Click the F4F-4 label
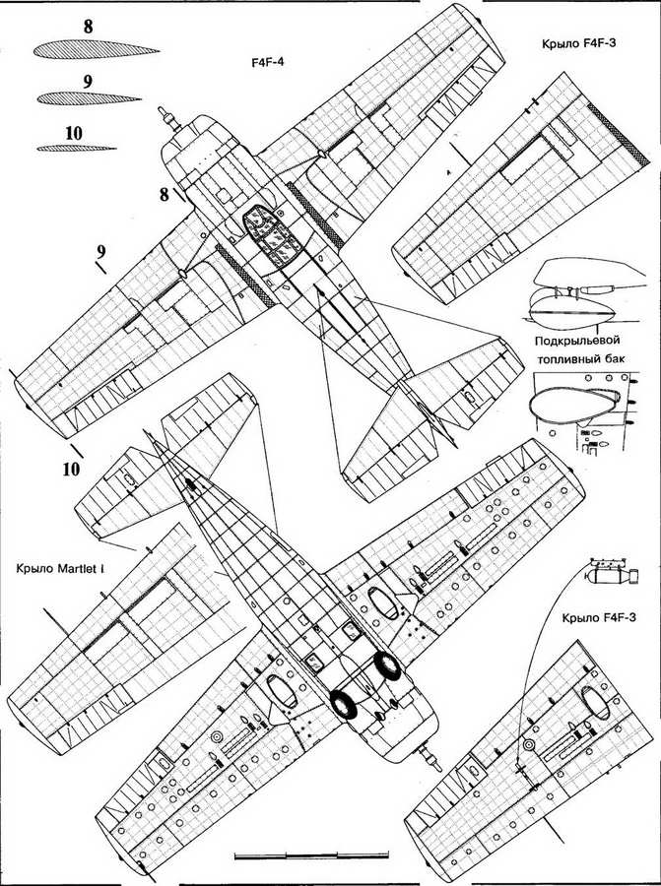click(x=267, y=62)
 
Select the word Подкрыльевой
click(x=576, y=341)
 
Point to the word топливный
click(x=565, y=358)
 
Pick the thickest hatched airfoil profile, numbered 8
click(x=97, y=50)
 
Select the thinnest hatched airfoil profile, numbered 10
click(x=77, y=148)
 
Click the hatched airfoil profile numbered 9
click(x=89, y=98)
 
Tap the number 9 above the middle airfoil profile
click(x=88, y=82)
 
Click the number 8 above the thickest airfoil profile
click(x=89, y=27)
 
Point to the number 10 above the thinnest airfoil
click(x=74, y=133)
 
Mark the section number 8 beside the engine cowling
click(x=164, y=195)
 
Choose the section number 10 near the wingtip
click(x=71, y=469)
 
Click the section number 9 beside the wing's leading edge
click(x=101, y=251)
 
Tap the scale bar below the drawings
click(x=311, y=854)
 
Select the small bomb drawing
click(x=614, y=575)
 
